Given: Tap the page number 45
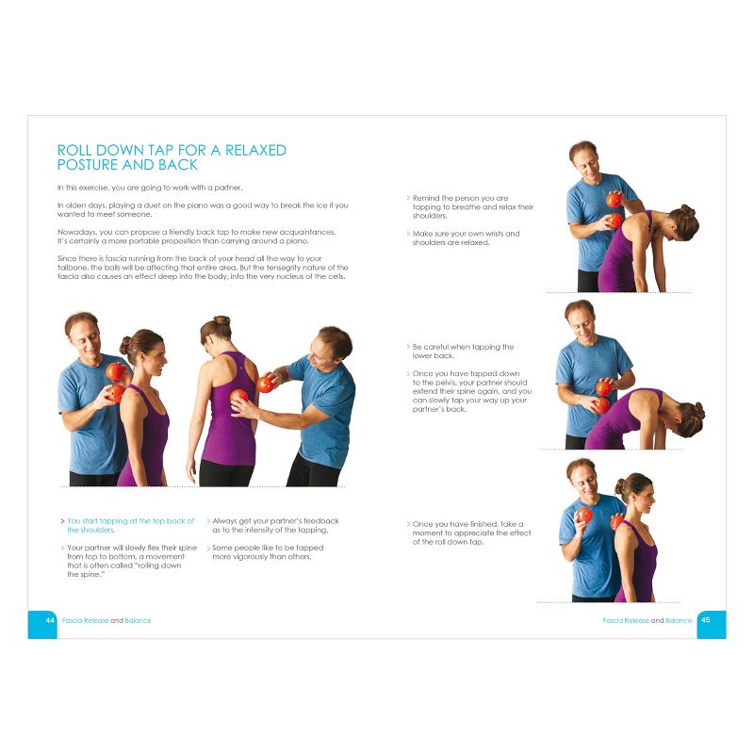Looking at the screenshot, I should coord(706,620).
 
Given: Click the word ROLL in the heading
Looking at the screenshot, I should coord(74,150).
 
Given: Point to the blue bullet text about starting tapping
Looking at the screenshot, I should coord(130,525).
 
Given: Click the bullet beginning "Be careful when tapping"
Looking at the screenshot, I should coord(462,352).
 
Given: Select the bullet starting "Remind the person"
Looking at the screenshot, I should coord(472,207).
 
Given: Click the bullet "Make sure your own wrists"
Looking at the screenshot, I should coord(466,238).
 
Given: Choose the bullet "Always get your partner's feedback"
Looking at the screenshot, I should coord(274,525).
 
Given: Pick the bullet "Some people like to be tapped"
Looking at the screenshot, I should coord(268,551).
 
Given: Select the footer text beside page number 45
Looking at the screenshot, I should coord(647,620).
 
